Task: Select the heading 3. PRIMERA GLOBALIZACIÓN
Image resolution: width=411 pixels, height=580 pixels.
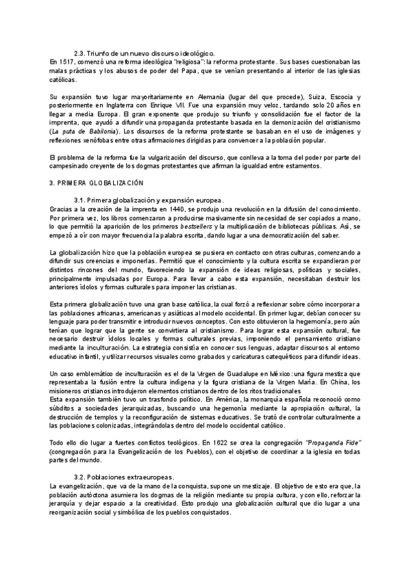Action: pyautogui.click(x=97, y=183)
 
